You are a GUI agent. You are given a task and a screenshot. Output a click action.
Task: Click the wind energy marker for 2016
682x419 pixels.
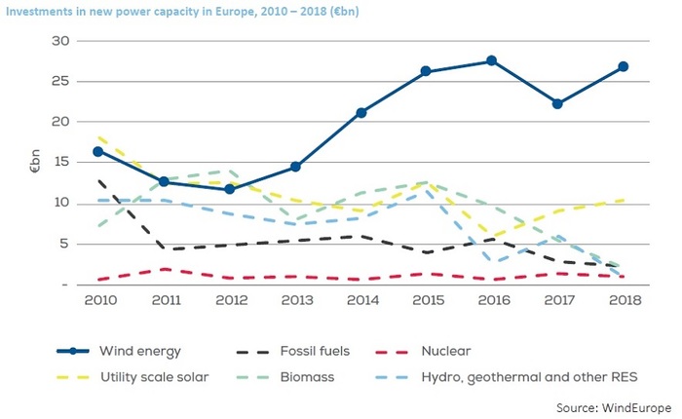point(491,60)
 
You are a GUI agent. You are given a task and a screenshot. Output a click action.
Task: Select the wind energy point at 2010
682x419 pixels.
point(98,151)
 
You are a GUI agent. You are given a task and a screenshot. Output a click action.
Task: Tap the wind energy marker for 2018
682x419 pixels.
point(623,66)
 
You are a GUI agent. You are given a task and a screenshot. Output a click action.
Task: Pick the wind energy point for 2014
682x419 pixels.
point(360,112)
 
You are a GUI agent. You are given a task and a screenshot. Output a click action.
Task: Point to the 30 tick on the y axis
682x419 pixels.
point(61,40)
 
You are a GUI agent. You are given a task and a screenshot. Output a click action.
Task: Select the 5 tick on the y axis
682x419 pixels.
point(64,244)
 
